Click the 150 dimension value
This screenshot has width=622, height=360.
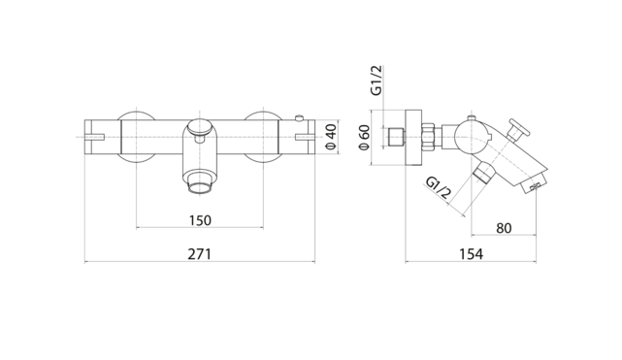point(200,220)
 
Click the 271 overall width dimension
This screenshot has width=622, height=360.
point(200,254)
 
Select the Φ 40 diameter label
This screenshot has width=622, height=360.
point(331,137)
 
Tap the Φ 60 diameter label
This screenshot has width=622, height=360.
point(364,138)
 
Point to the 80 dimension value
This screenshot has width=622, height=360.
point(504,228)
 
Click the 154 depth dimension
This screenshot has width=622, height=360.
point(472,254)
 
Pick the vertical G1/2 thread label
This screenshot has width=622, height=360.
point(376,81)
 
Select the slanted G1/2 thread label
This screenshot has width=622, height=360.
point(439,187)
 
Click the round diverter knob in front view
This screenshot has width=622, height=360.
point(200,127)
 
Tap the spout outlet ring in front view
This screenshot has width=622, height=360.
point(200,187)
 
